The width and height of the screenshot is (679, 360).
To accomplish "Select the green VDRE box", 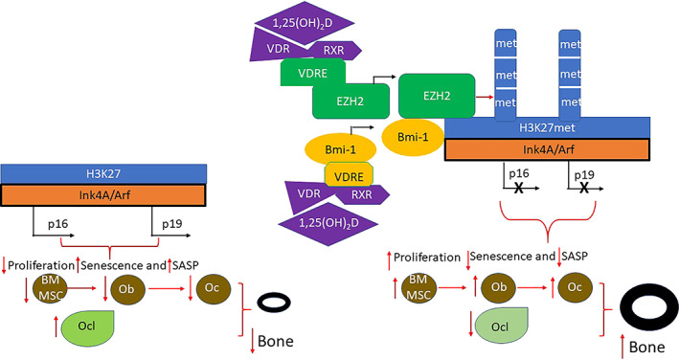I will (311, 74).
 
